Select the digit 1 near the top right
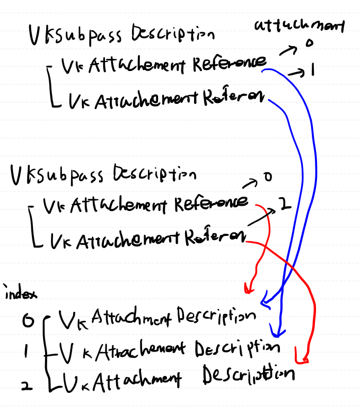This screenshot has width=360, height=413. click(x=313, y=71)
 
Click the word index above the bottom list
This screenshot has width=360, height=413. click(x=18, y=293)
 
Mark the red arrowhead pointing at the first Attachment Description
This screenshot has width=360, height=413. click(x=247, y=289)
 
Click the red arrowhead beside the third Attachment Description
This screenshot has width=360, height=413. click(x=304, y=361)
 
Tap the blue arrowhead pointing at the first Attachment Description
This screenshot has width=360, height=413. click(x=266, y=303)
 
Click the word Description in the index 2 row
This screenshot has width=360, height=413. click(x=248, y=375)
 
